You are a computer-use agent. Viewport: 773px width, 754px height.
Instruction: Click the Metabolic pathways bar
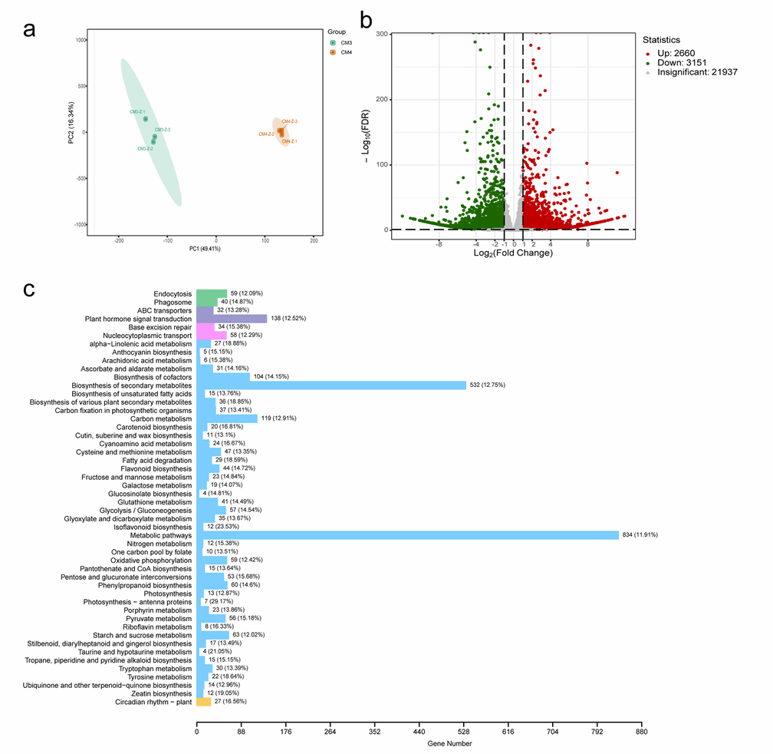coord(407,535)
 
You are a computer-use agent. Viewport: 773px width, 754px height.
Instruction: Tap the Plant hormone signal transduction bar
coord(232,319)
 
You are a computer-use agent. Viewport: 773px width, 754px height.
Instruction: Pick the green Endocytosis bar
coord(212,293)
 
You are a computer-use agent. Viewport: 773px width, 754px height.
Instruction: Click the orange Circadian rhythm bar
coord(204,701)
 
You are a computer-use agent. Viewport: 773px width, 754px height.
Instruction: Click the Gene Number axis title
coord(450,743)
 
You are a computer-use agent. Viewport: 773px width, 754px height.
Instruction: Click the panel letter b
coord(367,19)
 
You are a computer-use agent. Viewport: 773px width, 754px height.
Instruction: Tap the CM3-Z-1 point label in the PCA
coord(137,112)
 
